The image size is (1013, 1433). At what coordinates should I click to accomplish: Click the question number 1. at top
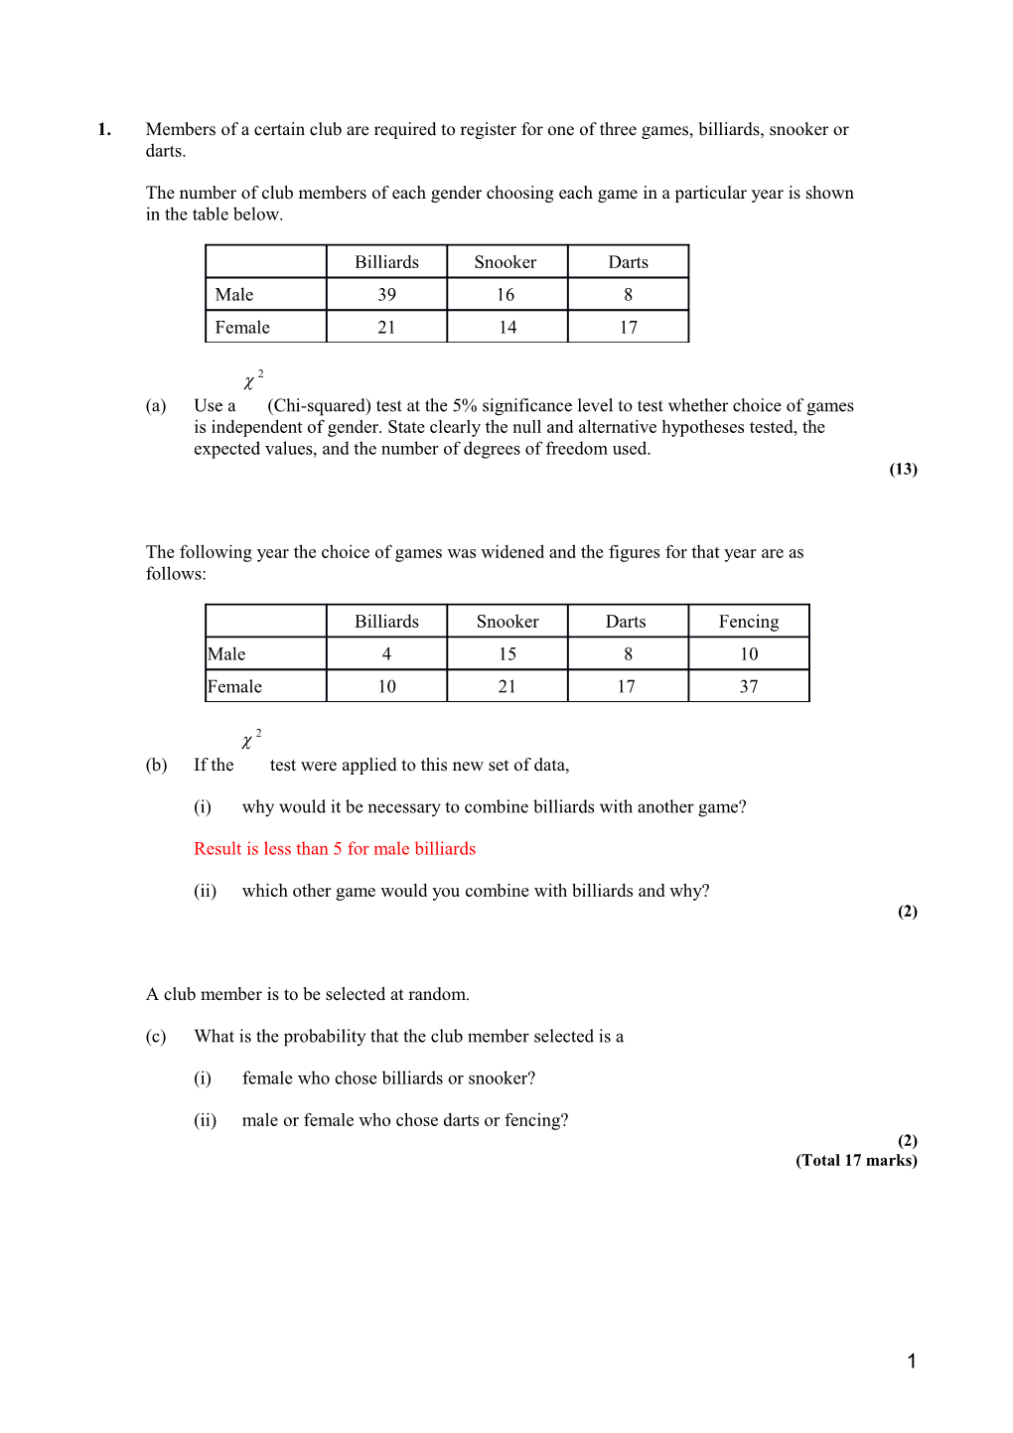point(103,129)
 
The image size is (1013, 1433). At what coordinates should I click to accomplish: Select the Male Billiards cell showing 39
point(386,295)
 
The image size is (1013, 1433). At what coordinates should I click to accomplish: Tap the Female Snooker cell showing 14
point(507,328)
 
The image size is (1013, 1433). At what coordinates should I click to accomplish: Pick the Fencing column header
point(749,622)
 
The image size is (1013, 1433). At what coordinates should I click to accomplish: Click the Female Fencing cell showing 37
point(749,687)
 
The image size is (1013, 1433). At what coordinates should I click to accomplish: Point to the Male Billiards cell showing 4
point(386,654)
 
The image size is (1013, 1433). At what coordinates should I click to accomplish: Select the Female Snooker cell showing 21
point(507,687)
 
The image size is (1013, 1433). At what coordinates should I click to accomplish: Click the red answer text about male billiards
point(335,849)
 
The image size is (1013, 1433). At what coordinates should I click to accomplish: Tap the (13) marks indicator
point(903,469)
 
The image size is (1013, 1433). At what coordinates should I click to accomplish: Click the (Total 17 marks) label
point(856,1160)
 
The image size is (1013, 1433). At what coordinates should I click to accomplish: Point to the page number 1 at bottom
point(912,1361)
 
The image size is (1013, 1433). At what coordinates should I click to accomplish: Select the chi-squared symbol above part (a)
point(251,380)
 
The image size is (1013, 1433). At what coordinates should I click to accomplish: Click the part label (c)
point(156,1037)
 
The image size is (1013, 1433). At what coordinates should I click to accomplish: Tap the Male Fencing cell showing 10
point(749,654)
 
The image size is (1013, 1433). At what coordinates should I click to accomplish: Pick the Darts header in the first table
point(628,262)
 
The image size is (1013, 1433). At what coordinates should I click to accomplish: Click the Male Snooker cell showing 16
point(506,295)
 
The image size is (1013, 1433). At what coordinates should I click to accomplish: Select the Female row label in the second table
point(235,687)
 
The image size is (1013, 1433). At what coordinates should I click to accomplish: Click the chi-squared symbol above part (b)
point(249,740)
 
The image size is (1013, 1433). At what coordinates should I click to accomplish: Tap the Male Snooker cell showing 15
point(507,654)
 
